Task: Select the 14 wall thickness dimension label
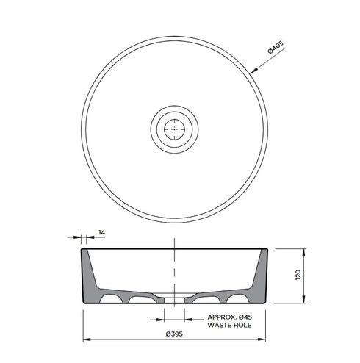pyautogui.click(x=101, y=232)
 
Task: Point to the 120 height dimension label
pyautogui.click(x=298, y=276)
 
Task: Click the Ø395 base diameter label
pyautogui.click(x=173, y=334)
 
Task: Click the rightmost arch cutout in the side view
pyautogui.click(x=237, y=300)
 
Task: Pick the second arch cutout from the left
pyautogui.click(x=138, y=301)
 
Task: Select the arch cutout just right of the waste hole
pyautogui.click(x=208, y=301)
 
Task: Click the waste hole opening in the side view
pyautogui.click(x=173, y=301)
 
